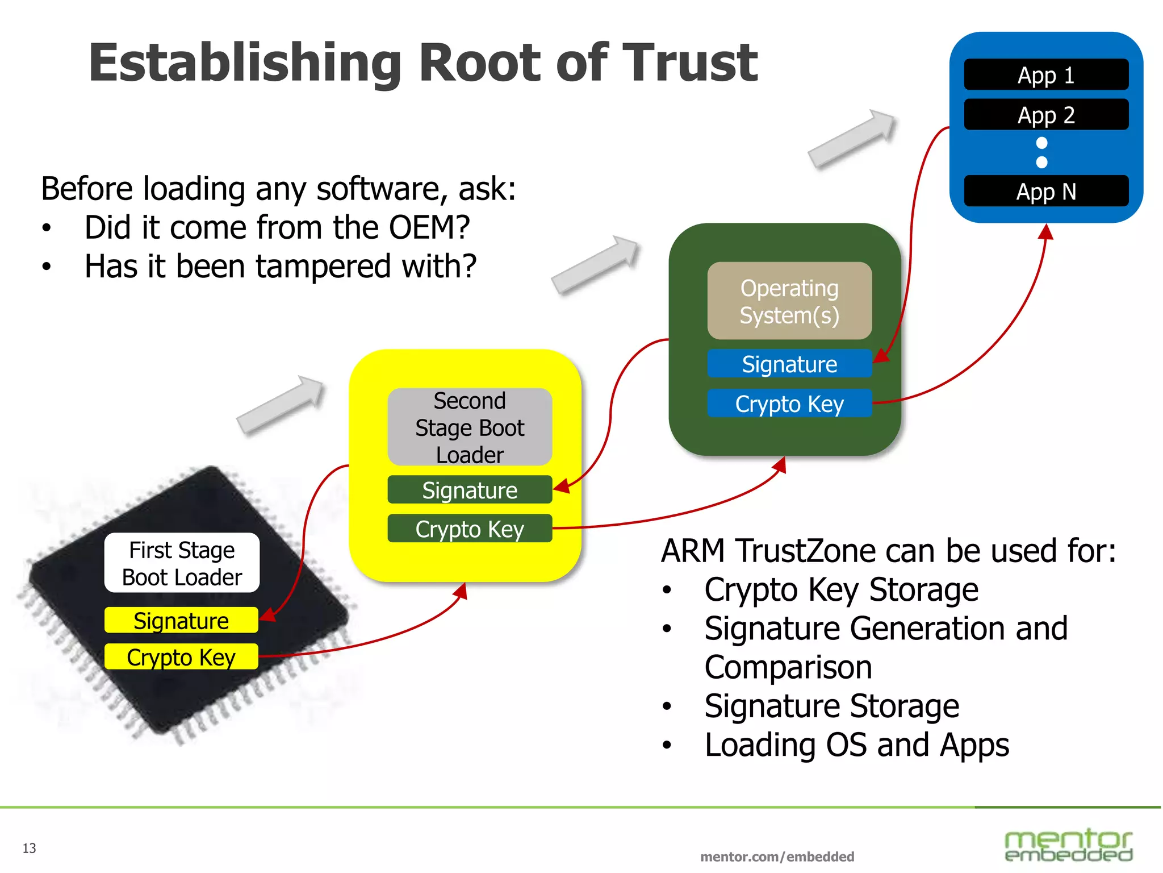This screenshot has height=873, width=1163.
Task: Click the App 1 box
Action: pos(1045,74)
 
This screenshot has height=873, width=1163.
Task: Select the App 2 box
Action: pos(1045,115)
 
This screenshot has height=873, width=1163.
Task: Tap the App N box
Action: pos(1045,192)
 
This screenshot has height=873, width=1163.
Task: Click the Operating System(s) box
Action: pos(789,301)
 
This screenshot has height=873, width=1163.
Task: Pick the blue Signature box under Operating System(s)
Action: pos(789,364)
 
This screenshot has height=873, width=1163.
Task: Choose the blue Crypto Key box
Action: pos(789,404)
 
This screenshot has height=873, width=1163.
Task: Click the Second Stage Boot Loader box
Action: pos(470,427)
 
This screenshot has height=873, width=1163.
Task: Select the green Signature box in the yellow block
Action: pos(470,490)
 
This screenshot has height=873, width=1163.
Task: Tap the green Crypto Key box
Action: pos(470,529)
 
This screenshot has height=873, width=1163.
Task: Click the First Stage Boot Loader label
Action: pos(182,563)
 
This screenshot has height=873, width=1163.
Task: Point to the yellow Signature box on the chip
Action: pos(181,621)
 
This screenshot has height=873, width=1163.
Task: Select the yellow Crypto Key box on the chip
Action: pos(181,657)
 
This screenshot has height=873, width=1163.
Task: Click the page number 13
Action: pos(29,848)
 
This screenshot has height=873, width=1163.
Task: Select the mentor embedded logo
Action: pos(1068,845)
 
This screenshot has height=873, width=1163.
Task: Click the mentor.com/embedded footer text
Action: pos(777,857)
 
